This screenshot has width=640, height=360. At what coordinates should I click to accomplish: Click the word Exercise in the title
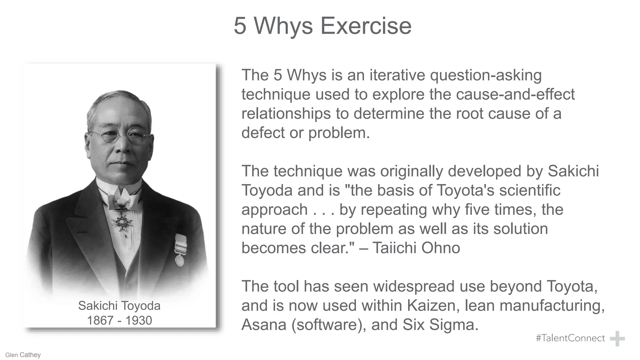tap(366, 26)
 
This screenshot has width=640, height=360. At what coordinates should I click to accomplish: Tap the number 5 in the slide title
tap(240, 26)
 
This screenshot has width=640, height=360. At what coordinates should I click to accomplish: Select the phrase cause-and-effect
tap(515, 94)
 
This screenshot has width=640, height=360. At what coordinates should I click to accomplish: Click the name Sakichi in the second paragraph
tap(573, 171)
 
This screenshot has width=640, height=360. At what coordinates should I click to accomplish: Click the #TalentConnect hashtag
tap(570, 338)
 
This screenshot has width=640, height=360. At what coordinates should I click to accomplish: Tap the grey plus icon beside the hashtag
tap(617, 339)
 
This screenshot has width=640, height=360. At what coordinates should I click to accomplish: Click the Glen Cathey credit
tap(23, 355)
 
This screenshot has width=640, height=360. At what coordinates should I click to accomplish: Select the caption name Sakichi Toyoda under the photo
tap(119, 306)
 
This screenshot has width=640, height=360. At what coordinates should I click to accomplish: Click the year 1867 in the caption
tap(100, 321)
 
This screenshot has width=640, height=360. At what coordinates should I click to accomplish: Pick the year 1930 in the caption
tap(139, 321)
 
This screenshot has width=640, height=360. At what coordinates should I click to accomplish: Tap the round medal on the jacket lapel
tap(180, 259)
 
